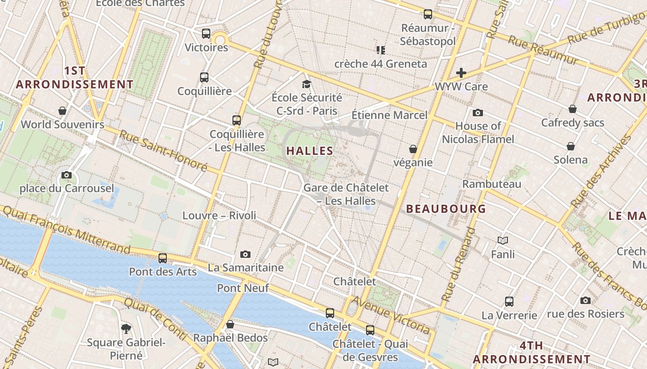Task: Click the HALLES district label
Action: (310, 151)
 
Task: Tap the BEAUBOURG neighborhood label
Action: (446, 209)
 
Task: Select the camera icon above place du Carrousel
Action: (67, 175)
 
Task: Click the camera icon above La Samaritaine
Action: (245, 254)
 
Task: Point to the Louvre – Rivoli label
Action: (219, 215)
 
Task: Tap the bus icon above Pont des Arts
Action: (163, 258)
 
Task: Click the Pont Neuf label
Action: (243, 288)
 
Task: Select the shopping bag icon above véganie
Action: (413, 149)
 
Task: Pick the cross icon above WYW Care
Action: (461, 73)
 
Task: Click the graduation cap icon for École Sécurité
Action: (306, 84)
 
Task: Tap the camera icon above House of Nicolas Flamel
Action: (478, 113)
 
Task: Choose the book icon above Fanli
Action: (503, 240)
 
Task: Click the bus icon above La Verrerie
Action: (509, 302)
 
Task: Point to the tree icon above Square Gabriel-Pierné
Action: (126, 328)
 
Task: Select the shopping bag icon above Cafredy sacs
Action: (573, 109)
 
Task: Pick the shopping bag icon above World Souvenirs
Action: (62, 111)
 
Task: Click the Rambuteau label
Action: (492, 184)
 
